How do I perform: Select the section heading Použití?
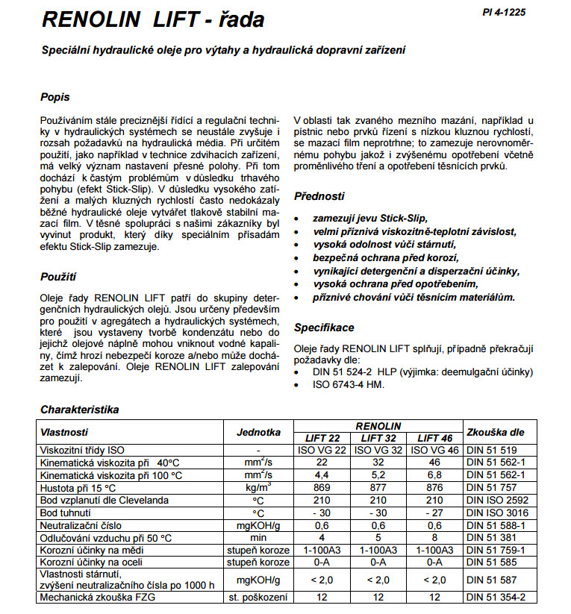tap(57, 277)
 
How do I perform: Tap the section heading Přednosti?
tap(319, 196)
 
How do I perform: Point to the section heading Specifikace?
tap(324, 327)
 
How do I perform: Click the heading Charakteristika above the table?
tap(80, 410)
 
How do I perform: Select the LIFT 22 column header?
tap(322, 438)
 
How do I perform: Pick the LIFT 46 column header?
tap(435, 438)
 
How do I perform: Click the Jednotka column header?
tap(258, 431)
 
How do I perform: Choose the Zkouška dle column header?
tap(495, 431)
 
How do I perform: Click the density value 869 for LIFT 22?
tap(322, 487)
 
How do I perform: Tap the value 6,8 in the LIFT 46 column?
tap(435, 475)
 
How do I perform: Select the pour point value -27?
tap(435, 513)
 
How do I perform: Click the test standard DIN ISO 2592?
tap(496, 500)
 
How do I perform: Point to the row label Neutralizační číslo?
tap(88, 525)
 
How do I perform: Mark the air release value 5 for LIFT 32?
tap(378, 537)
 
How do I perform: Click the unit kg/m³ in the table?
tap(258, 487)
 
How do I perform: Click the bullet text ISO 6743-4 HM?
tap(349, 384)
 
